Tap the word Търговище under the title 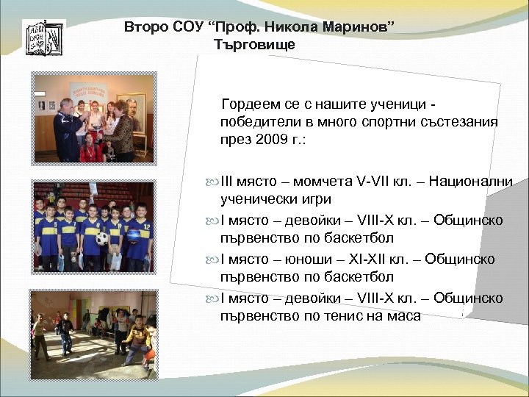pyautogui.click(x=255, y=45)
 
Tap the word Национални pyautogui.click(x=470, y=182)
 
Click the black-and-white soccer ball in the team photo pyautogui.click(x=101, y=238)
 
